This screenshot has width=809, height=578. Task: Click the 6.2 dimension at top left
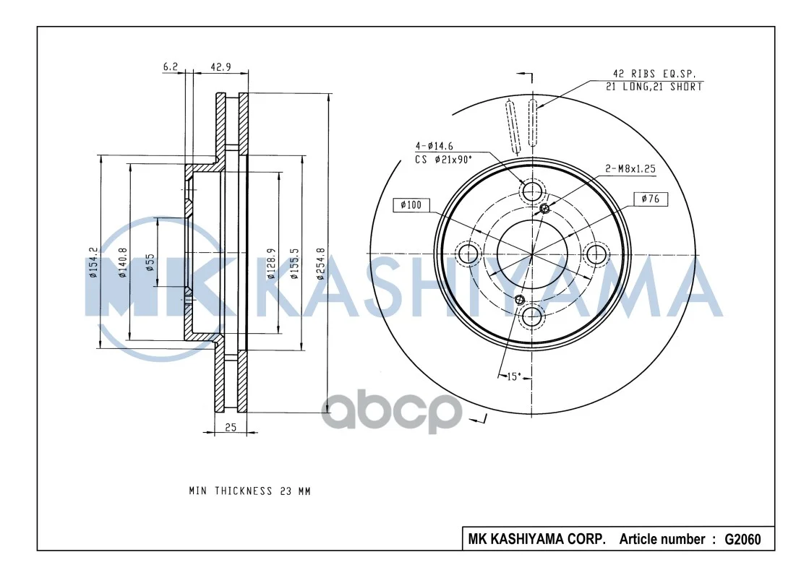tap(171, 67)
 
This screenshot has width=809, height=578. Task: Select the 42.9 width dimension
tap(221, 67)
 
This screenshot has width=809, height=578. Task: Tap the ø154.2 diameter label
tap(93, 262)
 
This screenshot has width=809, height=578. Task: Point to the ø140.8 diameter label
tap(123, 262)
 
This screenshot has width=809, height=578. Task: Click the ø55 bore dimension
tap(150, 262)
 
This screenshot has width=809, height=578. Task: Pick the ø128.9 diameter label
tap(271, 264)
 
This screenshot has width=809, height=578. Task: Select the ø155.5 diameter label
tap(294, 264)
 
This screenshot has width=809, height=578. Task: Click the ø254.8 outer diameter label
tap(321, 264)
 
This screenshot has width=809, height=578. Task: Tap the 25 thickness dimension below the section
tap(231, 428)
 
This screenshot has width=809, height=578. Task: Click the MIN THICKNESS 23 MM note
tap(249, 491)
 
